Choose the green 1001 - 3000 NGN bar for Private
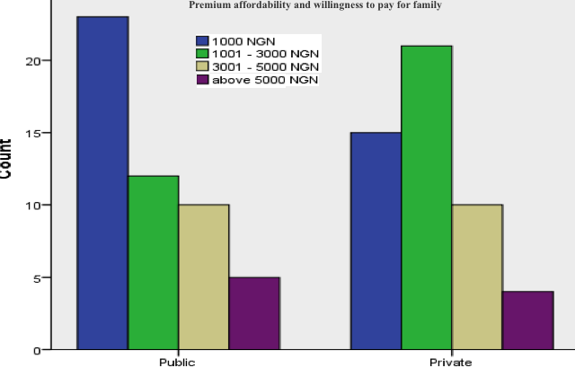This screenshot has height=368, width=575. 426,197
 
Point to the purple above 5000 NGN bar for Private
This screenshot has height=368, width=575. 527,320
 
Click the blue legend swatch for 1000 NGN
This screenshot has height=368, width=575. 204,40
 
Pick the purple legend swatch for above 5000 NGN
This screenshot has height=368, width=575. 204,81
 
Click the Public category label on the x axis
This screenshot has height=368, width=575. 177,361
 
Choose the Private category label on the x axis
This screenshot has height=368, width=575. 450,361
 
